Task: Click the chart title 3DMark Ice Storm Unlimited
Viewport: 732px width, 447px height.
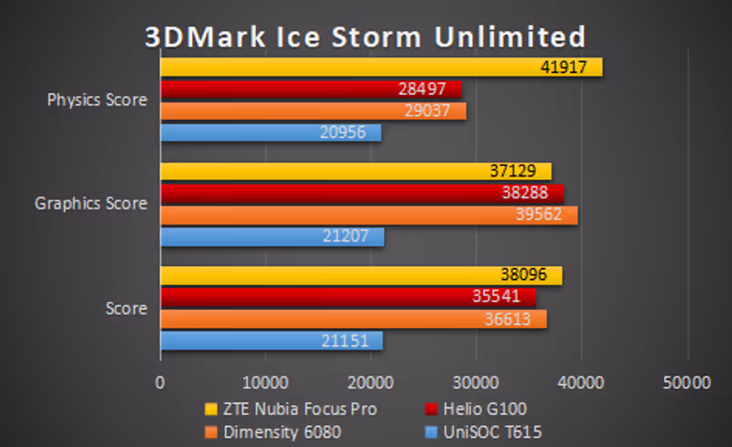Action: pos(365,37)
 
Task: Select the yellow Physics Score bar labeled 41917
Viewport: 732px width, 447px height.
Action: pos(381,68)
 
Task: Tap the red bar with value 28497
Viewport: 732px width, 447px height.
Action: pos(310,89)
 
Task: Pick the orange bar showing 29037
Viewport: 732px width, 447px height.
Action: pos(313,111)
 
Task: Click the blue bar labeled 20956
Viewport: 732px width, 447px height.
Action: pos(271,133)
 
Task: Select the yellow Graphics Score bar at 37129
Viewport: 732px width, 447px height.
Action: pos(356,171)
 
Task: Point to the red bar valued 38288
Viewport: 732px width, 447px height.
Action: pos(361,193)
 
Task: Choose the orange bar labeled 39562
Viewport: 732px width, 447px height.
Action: pos(369,215)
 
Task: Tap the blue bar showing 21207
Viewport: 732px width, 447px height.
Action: pos(272,237)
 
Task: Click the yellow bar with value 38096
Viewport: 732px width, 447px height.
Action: pos(361,275)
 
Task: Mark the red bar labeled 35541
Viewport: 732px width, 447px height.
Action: pos(348,297)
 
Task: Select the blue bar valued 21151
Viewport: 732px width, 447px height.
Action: pos(271,341)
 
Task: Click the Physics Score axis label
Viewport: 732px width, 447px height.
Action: pos(97,100)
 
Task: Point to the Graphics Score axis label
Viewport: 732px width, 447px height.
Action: pos(91,204)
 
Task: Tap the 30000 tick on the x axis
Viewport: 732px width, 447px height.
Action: pos(477,382)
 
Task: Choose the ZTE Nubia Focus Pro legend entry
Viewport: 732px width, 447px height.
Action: pos(291,408)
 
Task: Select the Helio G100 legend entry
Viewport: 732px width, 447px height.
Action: pos(476,408)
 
